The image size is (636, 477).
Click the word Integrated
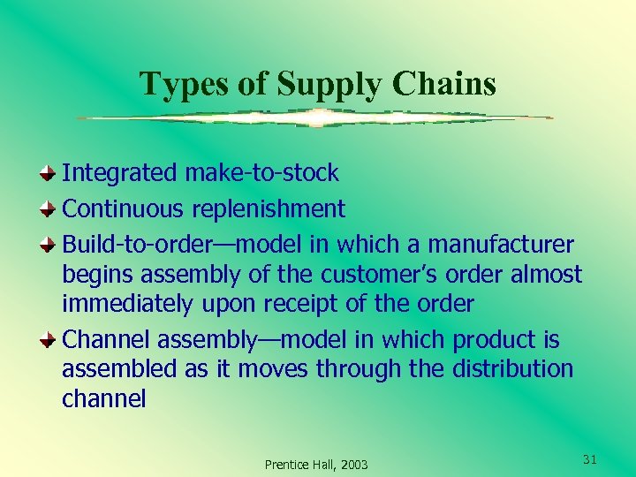click(119, 172)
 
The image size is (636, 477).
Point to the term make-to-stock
click(261, 172)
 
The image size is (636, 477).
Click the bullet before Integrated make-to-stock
click(51, 172)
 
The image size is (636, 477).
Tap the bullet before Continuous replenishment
click(51, 208)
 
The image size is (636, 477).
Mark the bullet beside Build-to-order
click(51, 244)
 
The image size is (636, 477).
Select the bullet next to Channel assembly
click(51, 339)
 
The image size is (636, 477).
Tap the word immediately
click(126, 305)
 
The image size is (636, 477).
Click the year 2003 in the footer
click(352, 465)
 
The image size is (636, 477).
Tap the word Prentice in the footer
click(287, 465)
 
